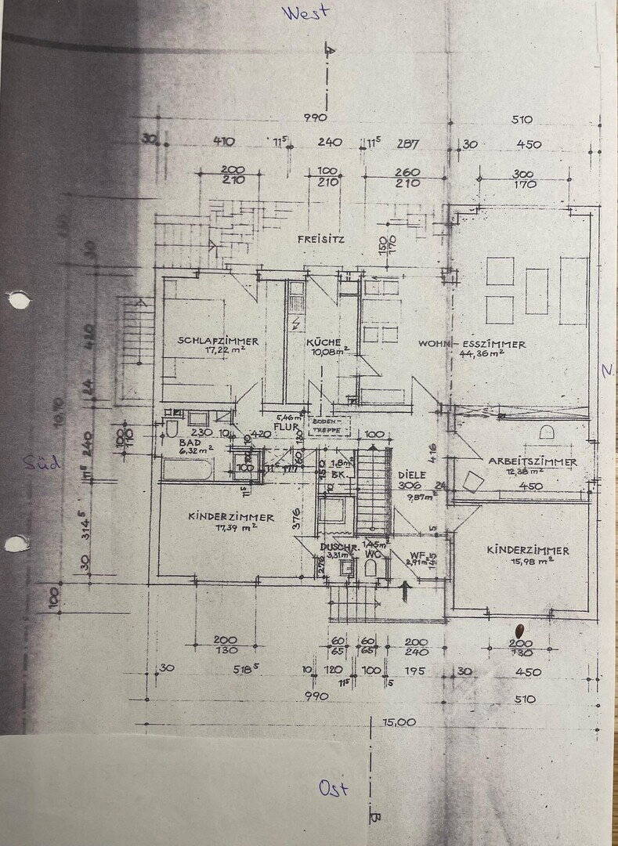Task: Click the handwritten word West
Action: [306, 13]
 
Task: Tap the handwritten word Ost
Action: [333, 787]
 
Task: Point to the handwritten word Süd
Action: [42, 462]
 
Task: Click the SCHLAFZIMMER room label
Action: [218, 342]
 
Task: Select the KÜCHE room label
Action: [323, 342]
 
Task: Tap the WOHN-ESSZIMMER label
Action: [472, 344]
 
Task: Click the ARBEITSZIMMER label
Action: [533, 461]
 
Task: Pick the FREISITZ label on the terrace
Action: [320, 240]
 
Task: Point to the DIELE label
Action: [411, 474]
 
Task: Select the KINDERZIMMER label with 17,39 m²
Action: [231, 517]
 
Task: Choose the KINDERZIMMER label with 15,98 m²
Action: [528, 550]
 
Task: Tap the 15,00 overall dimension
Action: [399, 721]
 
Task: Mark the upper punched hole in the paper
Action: [17, 300]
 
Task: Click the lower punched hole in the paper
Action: [16, 543]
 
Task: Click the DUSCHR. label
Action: [338, 547]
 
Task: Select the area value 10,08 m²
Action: [327, 352]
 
